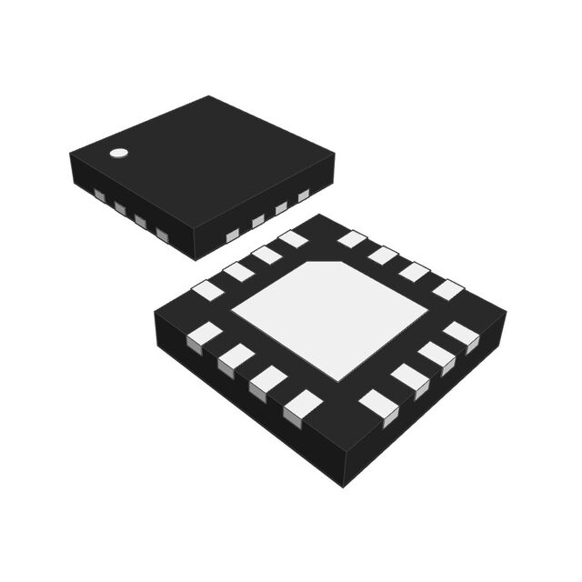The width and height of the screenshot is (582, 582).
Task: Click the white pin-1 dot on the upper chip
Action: point(117,153)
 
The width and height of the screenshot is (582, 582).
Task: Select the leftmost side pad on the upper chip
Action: point(98,195)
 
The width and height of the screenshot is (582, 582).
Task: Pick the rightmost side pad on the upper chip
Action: point(304,195)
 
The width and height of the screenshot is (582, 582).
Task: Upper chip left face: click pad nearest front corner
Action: point(162,236)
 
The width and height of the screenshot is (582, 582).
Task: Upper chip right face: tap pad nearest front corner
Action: point(232,236)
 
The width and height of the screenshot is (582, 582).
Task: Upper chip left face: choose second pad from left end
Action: point(119,208)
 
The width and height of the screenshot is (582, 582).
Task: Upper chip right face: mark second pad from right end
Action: point(281,207)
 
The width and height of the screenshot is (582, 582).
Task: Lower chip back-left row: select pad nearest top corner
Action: point(293,239)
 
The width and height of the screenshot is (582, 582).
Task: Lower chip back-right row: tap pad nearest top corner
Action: point(352,239)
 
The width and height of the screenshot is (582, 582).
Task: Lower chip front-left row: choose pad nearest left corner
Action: point(204,336)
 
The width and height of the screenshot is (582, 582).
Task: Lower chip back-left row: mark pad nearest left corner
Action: point(208,290)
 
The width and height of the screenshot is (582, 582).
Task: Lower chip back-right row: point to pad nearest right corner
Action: point(447,290)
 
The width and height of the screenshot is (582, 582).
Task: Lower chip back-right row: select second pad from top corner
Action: point(383,256)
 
